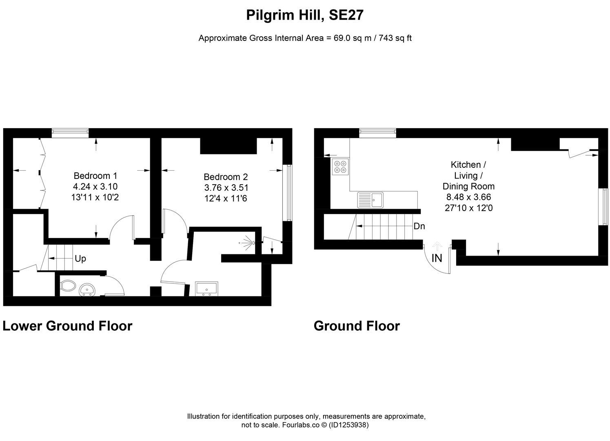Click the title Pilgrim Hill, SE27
coord(305,15)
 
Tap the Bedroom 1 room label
coord(95,176)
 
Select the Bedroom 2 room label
coord(226,177)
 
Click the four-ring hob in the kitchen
coord(340,167)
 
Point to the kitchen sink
coord(370,200)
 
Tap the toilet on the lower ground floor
coord(68,285)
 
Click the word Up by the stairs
coord(80,259)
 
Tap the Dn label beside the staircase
coord(419,226)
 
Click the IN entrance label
coord(437,258)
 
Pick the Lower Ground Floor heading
coord(67,326)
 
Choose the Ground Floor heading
coord(357,326)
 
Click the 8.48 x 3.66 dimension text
coord(468,197)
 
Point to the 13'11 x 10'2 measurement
coord(95,198)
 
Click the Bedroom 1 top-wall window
coord(70,131)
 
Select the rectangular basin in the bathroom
coord(207,288)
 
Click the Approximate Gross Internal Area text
coord(305,38)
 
